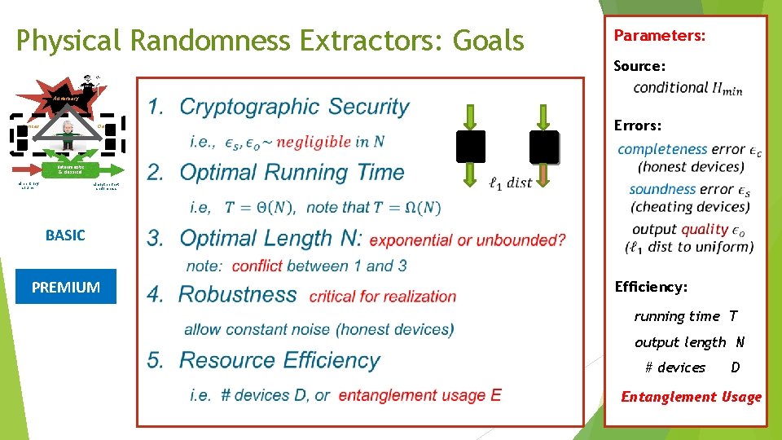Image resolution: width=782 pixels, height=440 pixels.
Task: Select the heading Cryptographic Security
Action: coord(294,107)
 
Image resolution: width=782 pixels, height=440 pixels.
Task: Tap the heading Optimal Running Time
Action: coord(292,172)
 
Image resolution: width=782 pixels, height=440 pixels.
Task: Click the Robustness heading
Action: coord(238,294)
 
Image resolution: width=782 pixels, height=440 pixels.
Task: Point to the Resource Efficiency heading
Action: coord(279,360)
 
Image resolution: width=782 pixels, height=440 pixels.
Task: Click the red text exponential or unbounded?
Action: coord(468,240)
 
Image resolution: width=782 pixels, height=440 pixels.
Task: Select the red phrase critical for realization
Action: coord(383,297)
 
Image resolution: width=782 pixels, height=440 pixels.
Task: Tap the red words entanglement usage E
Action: coord(420,395)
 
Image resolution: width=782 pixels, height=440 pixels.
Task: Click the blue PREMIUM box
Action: coord(66,288)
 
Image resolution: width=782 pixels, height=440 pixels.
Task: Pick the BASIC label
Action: coord(65,235)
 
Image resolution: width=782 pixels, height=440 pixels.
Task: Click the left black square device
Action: coord(471,147)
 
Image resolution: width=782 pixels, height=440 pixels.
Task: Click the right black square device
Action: coord(543,147)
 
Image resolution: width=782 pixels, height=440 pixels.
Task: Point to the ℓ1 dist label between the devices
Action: coord(510,183)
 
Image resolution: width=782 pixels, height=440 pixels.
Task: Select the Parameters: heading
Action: coord(659,36)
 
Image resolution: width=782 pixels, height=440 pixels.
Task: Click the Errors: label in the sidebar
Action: coord(638,125)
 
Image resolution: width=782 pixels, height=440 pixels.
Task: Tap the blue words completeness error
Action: coord(681,149)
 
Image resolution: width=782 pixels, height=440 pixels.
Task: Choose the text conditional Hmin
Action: coord(688,88)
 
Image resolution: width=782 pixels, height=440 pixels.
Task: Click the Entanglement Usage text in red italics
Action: coord(691,397)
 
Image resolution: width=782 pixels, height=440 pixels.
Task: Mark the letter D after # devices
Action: coord(736,367)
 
